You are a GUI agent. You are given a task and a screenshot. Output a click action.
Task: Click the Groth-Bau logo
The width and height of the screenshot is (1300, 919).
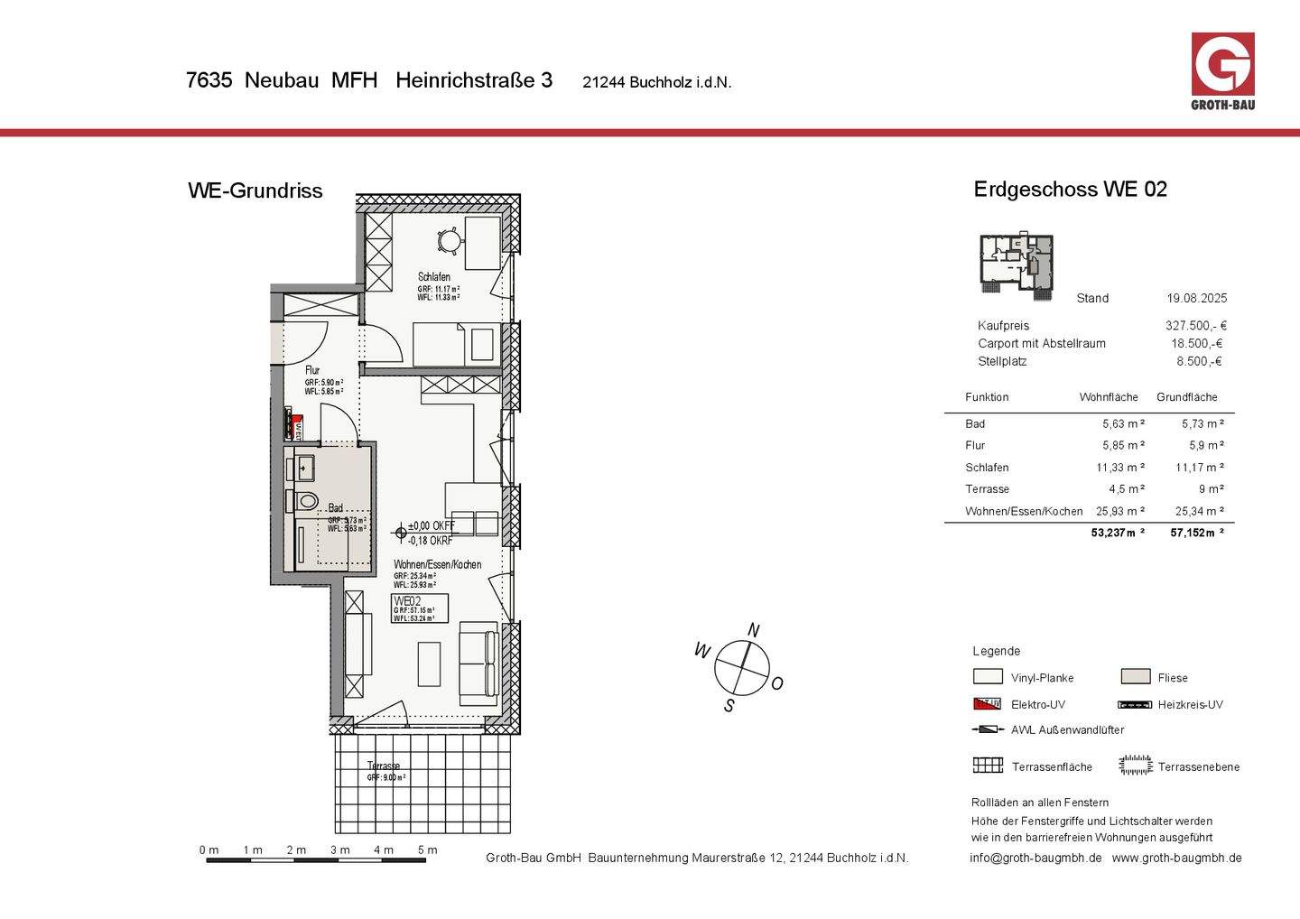1222,69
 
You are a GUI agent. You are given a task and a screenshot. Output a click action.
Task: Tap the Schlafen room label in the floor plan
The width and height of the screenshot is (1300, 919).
433,277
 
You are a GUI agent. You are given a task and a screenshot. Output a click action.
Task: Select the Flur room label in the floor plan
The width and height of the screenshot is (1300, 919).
312,370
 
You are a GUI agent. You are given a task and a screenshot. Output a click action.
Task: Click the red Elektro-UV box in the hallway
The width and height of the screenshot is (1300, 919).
295,422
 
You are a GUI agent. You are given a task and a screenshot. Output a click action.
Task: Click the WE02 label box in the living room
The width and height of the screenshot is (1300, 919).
419,608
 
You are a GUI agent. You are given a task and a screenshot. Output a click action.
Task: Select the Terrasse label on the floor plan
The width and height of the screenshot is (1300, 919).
384,766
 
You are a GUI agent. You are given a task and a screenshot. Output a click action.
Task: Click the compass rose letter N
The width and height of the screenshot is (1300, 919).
754,630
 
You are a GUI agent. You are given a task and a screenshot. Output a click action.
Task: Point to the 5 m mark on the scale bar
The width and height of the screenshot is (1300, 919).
427,849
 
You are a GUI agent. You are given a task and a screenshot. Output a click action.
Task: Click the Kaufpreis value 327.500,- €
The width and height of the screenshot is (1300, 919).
1195,326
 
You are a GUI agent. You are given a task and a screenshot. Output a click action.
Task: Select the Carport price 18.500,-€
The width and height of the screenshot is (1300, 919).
1196,344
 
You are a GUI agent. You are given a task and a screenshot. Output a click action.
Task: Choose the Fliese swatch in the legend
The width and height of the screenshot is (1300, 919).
1135,677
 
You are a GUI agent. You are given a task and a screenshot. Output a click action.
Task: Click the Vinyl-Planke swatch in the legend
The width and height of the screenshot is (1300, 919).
988,677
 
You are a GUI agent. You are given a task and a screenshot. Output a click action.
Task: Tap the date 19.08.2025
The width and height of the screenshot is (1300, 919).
1196,299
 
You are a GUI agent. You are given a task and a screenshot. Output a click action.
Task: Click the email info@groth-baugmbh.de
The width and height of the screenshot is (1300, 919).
1035,859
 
